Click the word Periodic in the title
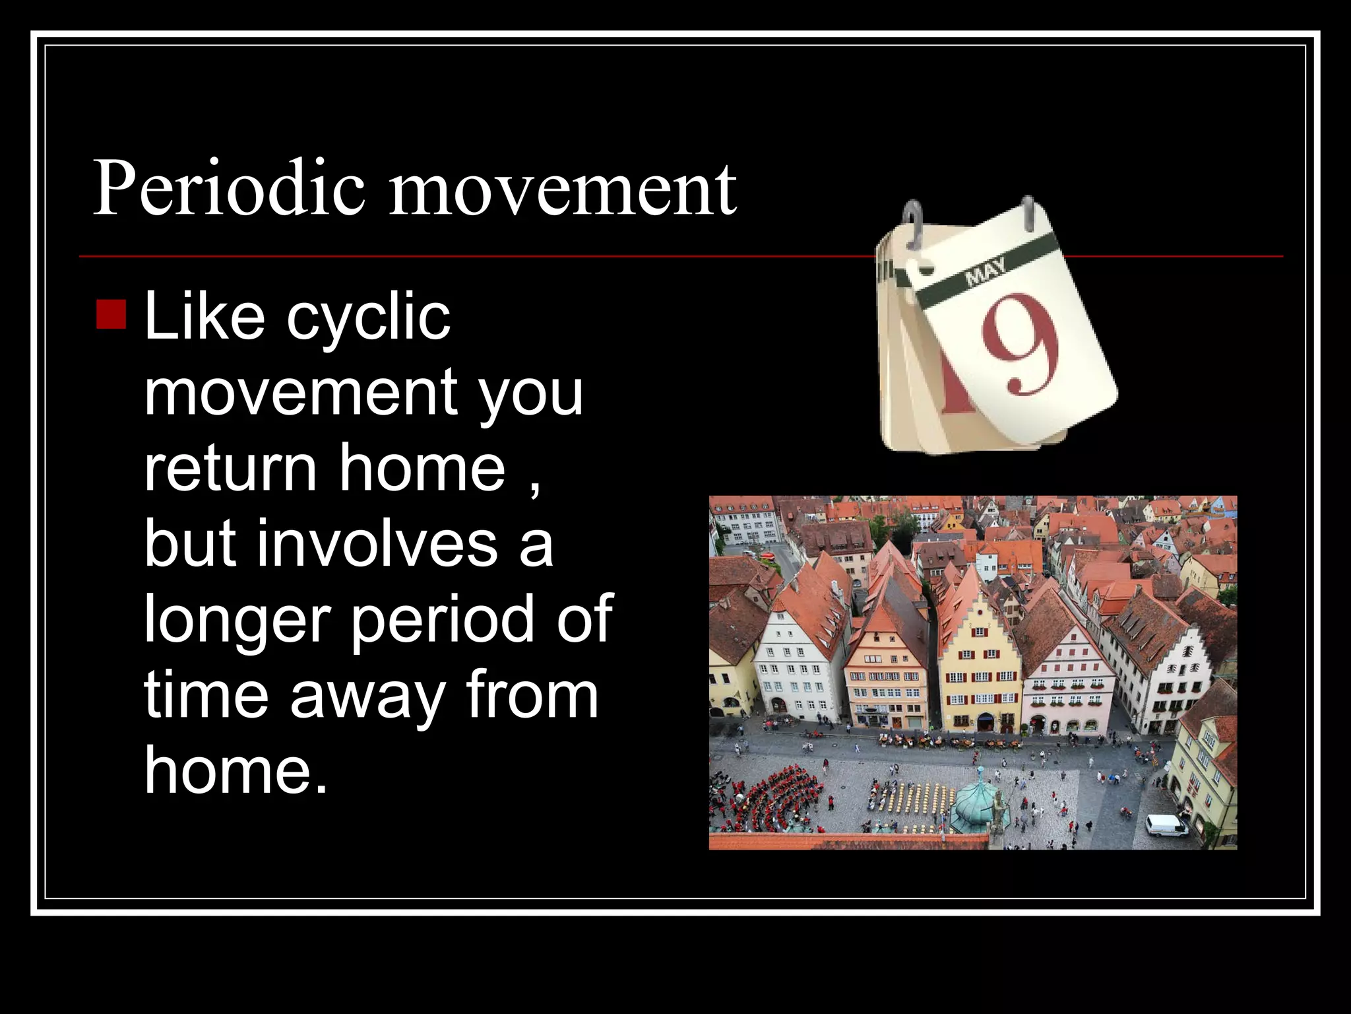[228, 189]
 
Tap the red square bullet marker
[111, 314]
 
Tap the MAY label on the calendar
[986, 271]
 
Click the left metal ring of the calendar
[913, 224]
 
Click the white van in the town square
[1166, 825]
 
